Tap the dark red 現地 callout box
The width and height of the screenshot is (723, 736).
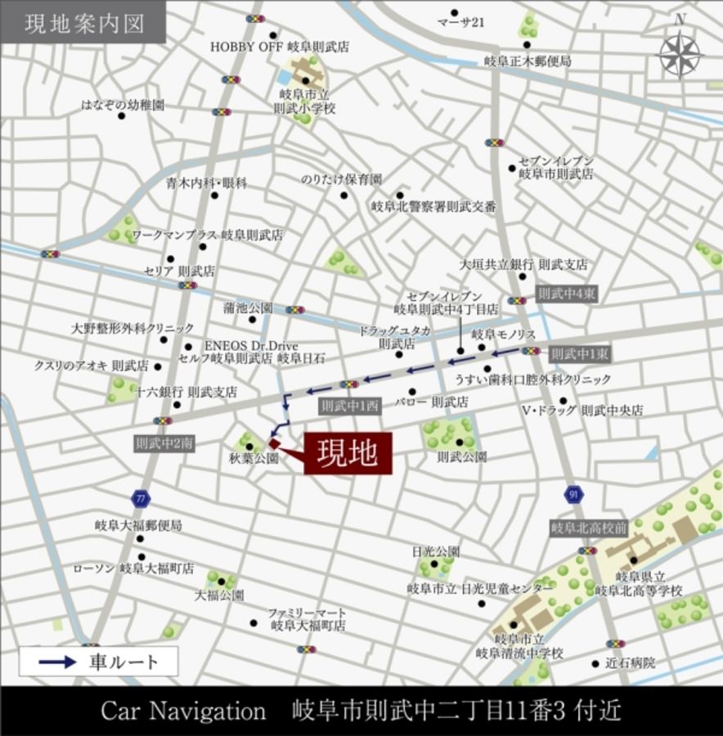(348, 453)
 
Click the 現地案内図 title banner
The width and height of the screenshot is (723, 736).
(83, 22)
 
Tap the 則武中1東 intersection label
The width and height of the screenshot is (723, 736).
(578, 354)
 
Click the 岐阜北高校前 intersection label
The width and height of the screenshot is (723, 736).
(589, 527)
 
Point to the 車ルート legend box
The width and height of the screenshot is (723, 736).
(98, 661)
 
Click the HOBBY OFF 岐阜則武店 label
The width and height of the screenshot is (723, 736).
(280, 47)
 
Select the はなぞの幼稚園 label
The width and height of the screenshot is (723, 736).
(123, 105)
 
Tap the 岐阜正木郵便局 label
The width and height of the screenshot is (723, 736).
(527, 61)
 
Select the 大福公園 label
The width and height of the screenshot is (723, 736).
(218, 595)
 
